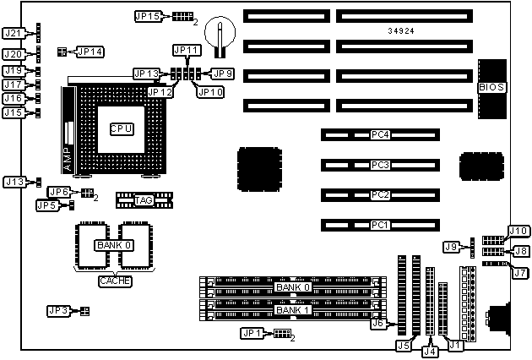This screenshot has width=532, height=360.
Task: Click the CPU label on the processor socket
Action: coord(121,128)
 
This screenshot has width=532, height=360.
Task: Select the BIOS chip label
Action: coord(491,87)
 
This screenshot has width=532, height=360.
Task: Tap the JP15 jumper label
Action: coord(148,15)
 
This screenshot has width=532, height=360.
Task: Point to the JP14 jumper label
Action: coord(90,52)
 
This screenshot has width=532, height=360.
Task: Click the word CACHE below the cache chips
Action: coord(115,281)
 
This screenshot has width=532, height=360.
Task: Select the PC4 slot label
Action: coord(379,134)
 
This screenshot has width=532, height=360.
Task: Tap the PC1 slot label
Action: coord(379,226)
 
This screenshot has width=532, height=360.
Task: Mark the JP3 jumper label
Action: coord(59,311)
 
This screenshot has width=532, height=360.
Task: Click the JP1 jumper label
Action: coord(253,333)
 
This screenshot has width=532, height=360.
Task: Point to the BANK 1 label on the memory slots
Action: coord(294,310)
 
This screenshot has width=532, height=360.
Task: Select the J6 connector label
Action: coord(379,323)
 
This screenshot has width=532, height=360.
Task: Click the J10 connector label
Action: coord(518,232)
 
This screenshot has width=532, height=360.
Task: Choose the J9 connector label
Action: coord(452,246)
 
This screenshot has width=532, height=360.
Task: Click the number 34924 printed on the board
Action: coord(401,31)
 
